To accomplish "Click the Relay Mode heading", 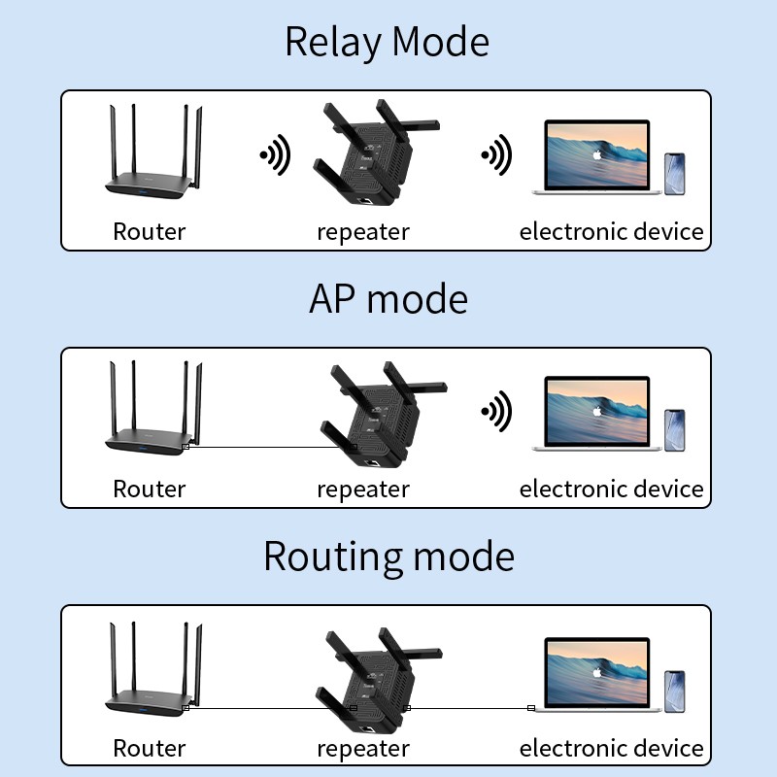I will [x=387, y=43].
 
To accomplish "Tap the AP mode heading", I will [x=388, y=298].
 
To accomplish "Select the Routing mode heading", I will [x=388, y=557].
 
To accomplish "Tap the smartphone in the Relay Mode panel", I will [x=675, y=174].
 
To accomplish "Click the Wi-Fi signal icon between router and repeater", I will [x=276, y=155].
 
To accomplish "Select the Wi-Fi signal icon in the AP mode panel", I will [x=497, y=412].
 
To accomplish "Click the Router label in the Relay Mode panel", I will [x=149, y=231].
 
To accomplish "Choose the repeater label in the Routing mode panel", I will [x=363, y=749].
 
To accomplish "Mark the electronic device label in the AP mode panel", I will [x=611, y=489].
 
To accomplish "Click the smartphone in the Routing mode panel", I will [x=675, y=692].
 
